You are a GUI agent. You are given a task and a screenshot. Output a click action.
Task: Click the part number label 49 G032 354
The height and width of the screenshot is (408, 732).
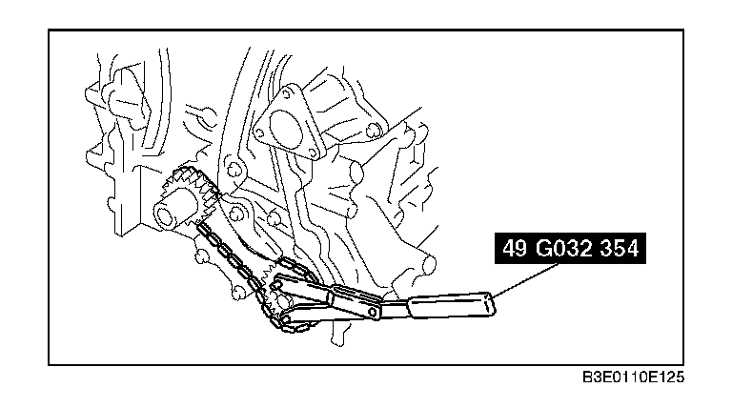click(x=570, y=249)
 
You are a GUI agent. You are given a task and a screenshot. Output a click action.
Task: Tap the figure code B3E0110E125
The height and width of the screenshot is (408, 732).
click(x=633, y=377)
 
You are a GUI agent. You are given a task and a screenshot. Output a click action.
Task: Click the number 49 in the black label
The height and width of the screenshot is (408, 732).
click(x=515, y=249)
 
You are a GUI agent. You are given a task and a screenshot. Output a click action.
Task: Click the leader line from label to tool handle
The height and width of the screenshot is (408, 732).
click(x=525, y=280)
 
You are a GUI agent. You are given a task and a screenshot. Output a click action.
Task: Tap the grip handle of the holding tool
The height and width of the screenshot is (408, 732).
click(x=451, y=305)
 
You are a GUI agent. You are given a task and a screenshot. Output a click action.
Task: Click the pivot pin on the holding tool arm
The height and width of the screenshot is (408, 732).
click(x=373, y=311)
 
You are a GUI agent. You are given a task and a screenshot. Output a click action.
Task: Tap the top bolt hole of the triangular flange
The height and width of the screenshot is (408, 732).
click(x=286, y=93)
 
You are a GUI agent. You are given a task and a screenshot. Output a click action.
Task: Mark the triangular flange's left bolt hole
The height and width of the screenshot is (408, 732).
click(x=258, y=133)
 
